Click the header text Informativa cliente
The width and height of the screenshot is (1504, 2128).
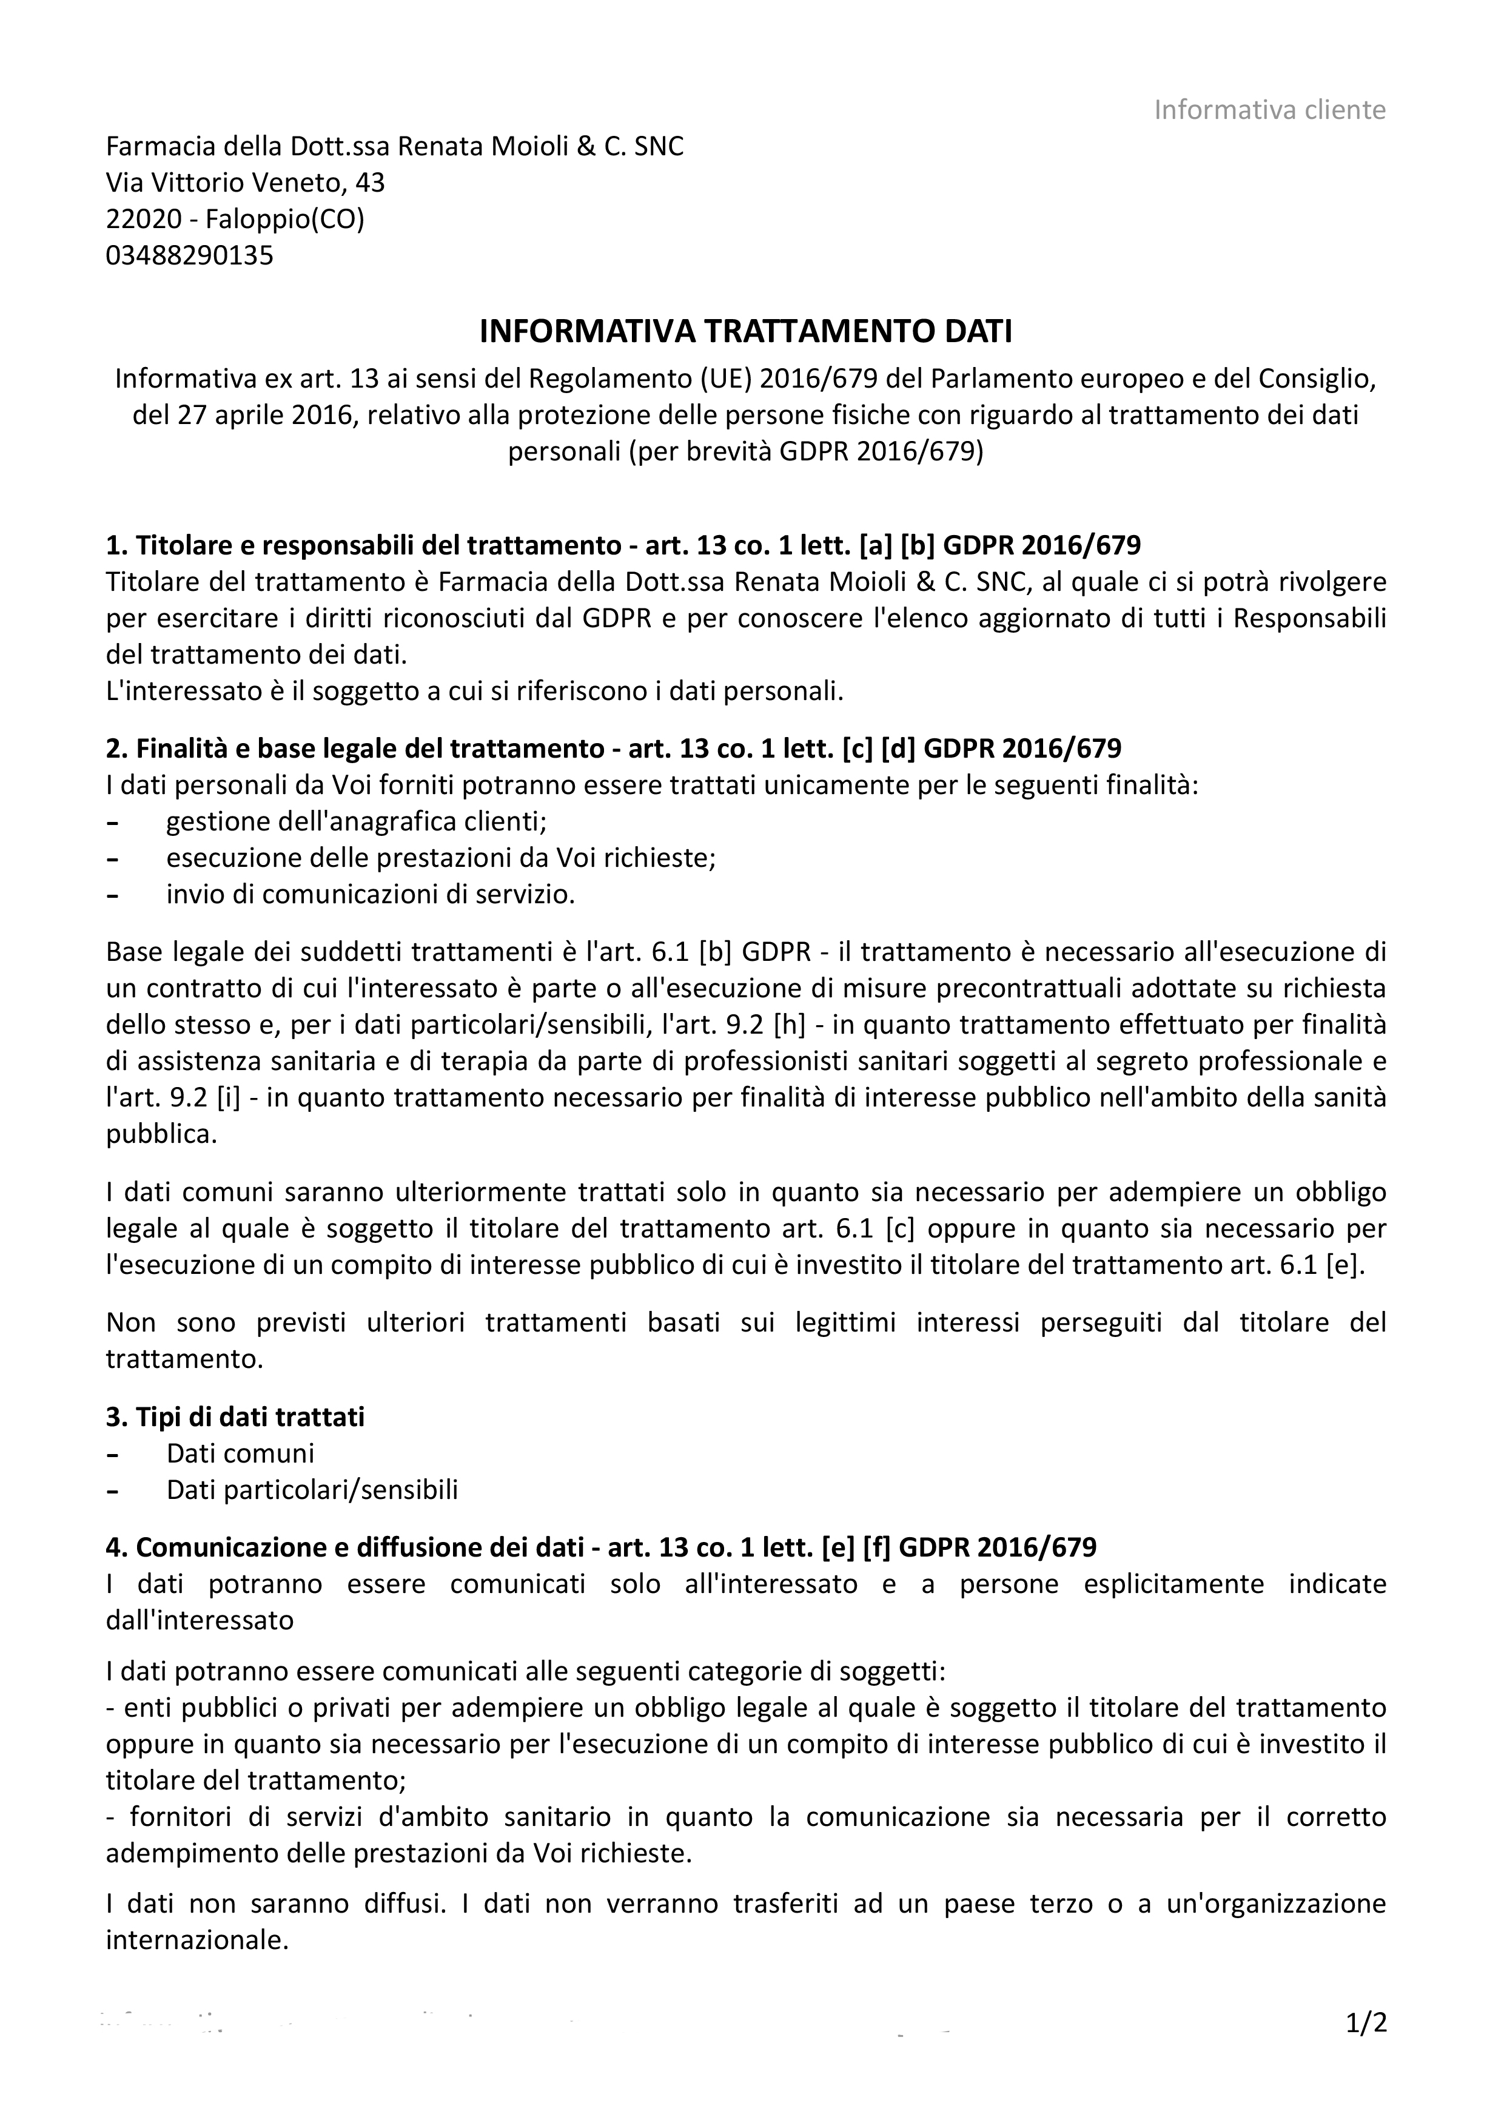point(1269,110)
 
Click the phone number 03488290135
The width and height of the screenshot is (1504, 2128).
point(190,255)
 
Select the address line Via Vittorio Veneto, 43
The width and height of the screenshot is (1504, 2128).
point(246,183)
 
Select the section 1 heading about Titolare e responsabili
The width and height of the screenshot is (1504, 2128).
point(623,545)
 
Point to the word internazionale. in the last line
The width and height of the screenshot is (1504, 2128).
point(197,1939)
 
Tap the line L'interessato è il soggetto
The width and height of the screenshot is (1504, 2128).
point(474,692)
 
